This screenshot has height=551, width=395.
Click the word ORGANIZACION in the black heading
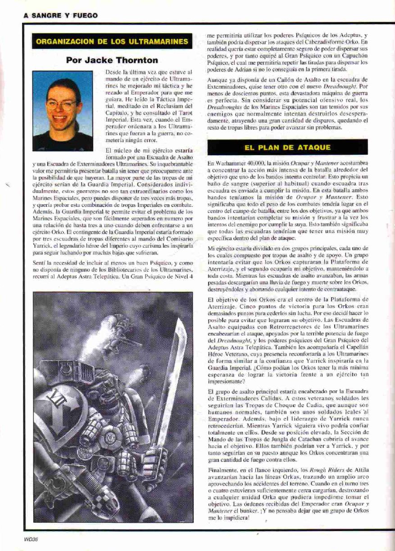[x=64, y=42]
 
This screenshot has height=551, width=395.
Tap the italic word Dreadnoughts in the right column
[x=225, y=108]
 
